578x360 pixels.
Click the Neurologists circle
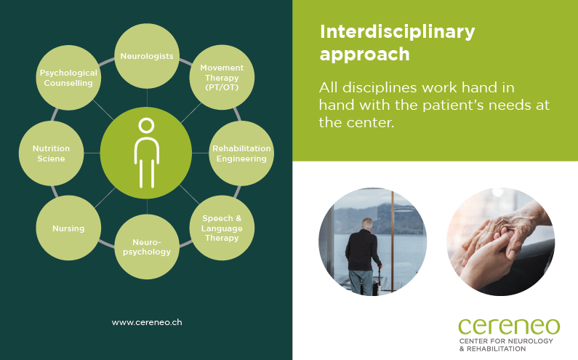click(x=147, y=55)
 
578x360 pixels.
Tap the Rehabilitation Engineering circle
click(x=241, y=153)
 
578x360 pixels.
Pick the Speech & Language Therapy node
click(x=222, y=228)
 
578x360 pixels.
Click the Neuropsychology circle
click(x=147, y=247)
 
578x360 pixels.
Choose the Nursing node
click(x=68, y=228)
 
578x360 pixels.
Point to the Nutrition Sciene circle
click(x=51, y=153)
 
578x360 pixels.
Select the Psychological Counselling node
click(x=68, y=78)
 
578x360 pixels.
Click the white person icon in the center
click(x=147, y=153)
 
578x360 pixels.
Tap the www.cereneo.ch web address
click(x=147, y=321)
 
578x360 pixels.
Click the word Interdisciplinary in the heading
click(x=397, y=32)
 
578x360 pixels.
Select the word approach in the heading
click(x=364, y=55)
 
